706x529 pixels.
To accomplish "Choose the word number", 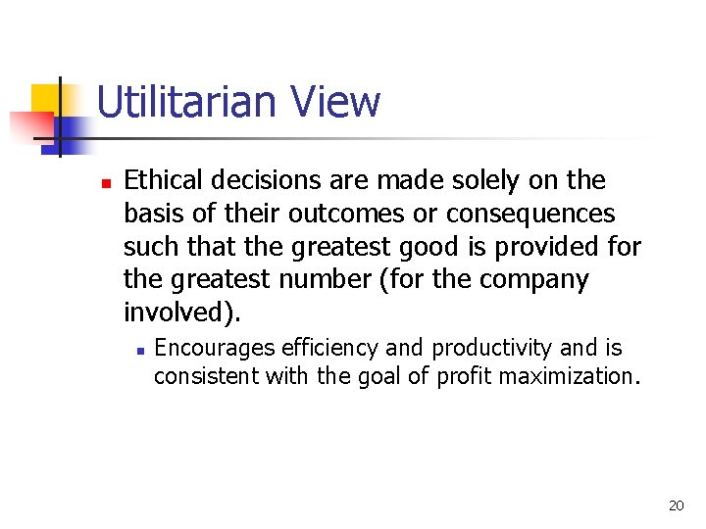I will click(326, 280).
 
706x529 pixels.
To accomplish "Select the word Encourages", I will click(215, 348).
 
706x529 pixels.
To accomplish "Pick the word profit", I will click(461, 375).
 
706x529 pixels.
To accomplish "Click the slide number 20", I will click(676, 505).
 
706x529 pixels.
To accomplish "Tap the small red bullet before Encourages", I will click(141, 350).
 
